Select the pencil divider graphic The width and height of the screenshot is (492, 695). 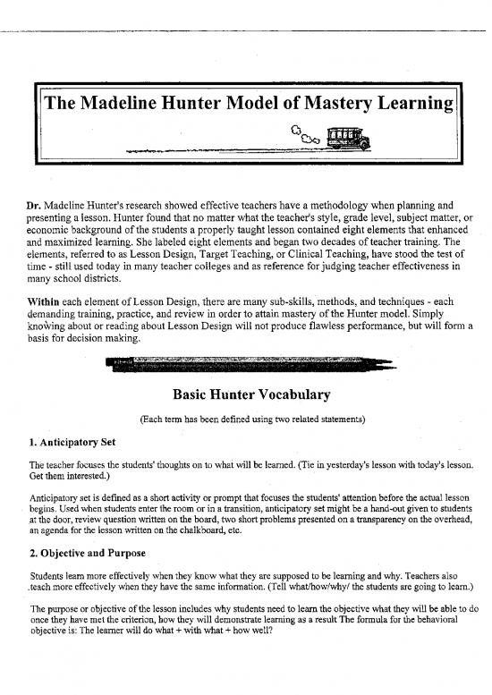tap(249, 364)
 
